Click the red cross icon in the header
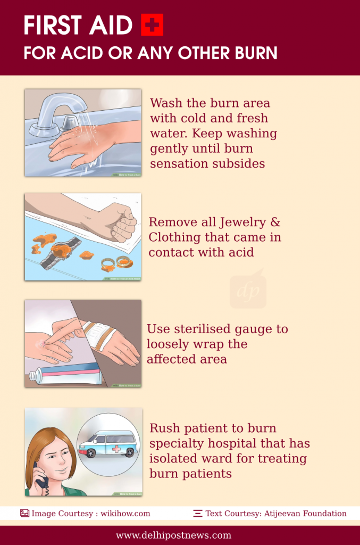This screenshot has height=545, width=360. tap(152, 25)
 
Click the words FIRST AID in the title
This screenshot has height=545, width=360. tap(79, 26)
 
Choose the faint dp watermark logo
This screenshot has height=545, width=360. tap(248, 290)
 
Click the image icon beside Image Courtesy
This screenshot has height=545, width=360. tap(24, 514)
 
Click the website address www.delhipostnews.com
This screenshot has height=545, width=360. tap(173, 535)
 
